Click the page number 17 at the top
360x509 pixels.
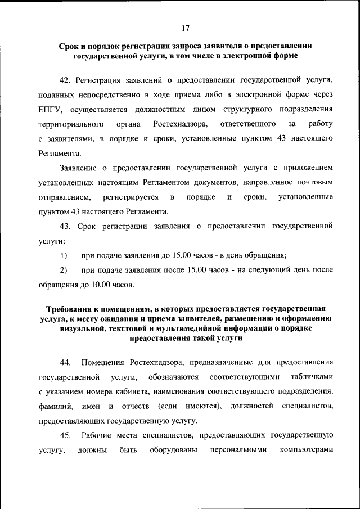pyautogui.click(x=186, y=28)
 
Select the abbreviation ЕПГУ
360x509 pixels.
pyautogui.click(x=51, y=109)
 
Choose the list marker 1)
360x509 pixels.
pyautogui.click(x=64, y=255)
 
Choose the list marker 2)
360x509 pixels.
pyautogui.click(x=64, y=270)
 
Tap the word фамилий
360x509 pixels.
pyautogui.click(x=54, y=406)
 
